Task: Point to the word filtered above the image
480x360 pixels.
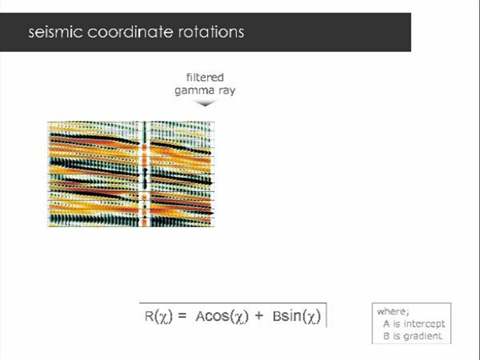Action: (205, 77)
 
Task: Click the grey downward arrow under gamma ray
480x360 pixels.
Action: (205, 103)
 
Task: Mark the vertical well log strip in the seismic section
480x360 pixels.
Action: (144, 174)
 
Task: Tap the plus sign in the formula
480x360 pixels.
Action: (259, 316)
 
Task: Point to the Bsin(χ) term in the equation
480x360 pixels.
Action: (296, 316)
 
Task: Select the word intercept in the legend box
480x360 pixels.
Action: (424, 324)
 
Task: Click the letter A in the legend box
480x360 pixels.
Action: (386, 324)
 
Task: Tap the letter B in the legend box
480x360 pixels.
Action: (386, 336)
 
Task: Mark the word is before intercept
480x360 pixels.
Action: (397, 324)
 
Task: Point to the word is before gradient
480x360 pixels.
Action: (397, 336)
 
